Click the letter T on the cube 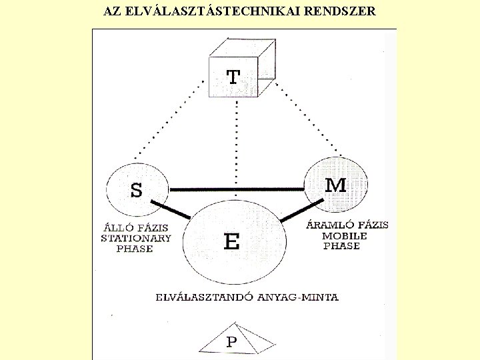click(x=233, y=77)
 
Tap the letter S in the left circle click(x=136, y=191)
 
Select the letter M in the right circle click(x=335, y=185)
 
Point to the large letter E click(x=231, y=241)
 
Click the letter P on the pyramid click(x=231, y=342)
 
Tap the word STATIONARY click(x=135, y=238)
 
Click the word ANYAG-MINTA click(x=304, y=297)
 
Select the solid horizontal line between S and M click(x=237, y=189)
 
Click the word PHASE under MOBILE click(x=341, y=246)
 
